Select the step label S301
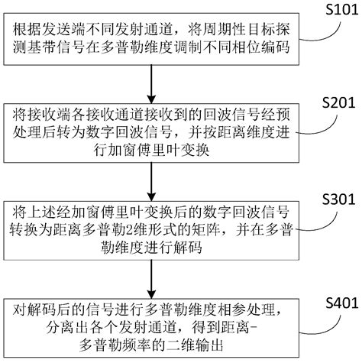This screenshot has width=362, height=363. pyautogui.click(x=334, y=199)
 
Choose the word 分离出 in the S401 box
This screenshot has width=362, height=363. pyautogui.click(x=37, y=326)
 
